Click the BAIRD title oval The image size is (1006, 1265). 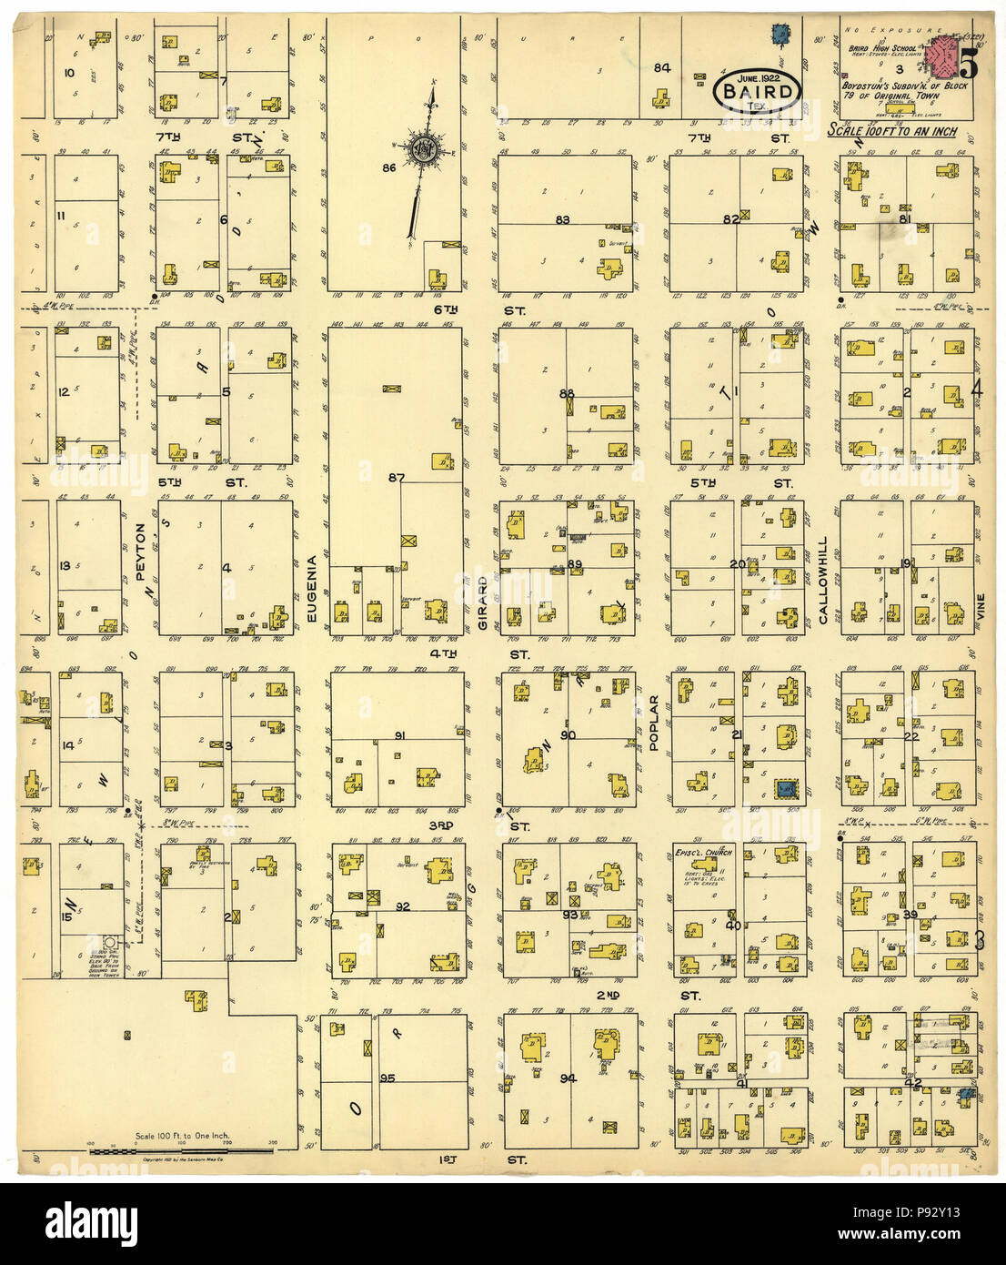(757, 92)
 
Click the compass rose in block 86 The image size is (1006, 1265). (424, 148)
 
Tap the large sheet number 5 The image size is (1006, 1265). (968, 64)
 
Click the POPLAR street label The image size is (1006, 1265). (653, 723)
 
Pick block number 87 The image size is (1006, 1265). (396, 477)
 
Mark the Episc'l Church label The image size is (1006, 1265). (703, 853)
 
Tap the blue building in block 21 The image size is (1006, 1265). (785, 789)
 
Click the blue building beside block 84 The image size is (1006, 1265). (779, 35)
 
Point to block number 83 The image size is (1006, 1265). (563, 219)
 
